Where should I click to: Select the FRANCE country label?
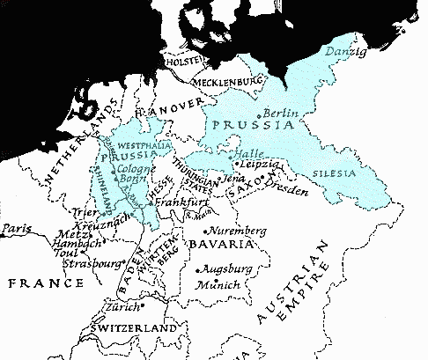pos(43,283)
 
